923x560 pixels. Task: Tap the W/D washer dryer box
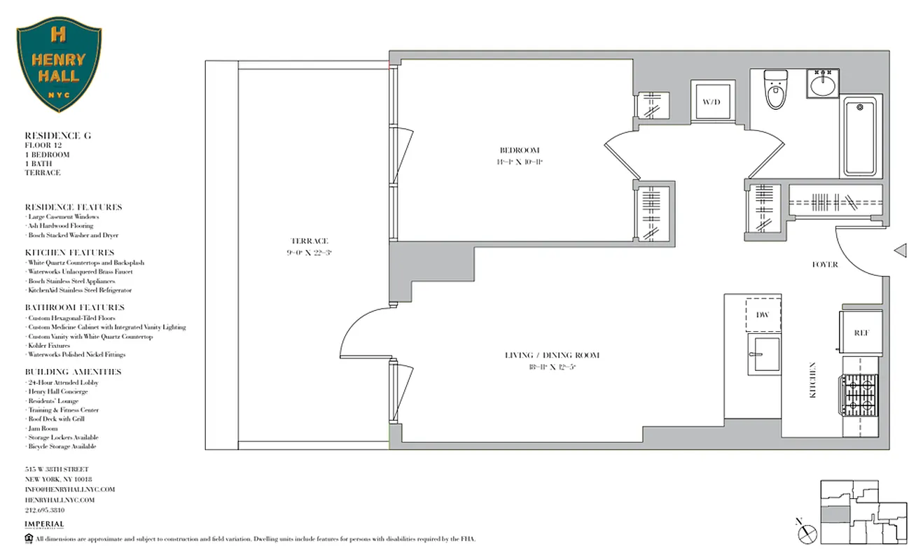(x=712, y=103)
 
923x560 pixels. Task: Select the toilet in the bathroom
(x=775, y=90)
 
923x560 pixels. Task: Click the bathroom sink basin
(x=821, y=85)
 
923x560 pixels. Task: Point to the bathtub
(x=860, y=136)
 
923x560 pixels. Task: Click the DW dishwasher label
(x=763, y=315)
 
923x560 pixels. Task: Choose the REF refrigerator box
(x=861, y=333)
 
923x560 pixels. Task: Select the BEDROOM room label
(x=520, y=150)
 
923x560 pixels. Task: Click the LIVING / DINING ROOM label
(x=552, y=356)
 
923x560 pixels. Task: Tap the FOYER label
(x=825, y=265)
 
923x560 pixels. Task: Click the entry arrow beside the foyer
(x=901, y=250)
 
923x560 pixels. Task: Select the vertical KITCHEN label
(x=813, y=380)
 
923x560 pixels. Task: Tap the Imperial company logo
(x=44, y=525)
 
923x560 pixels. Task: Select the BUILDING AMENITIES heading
(x=73, y=372)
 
